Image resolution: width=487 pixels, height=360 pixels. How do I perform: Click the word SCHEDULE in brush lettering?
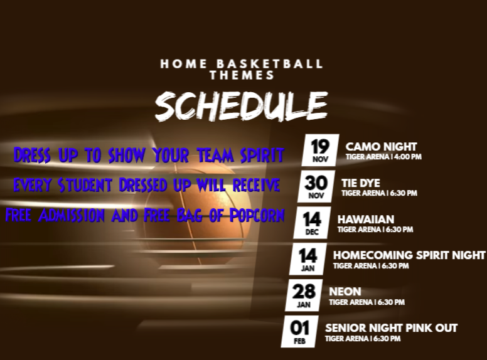pos(242,106)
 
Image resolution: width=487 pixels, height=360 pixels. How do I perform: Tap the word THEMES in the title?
pos(242,75)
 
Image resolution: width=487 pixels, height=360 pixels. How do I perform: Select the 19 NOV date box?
pos(320,150)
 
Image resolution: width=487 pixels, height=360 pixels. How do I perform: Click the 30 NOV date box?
pos(316,186)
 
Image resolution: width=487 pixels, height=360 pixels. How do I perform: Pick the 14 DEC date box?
pos(312,223)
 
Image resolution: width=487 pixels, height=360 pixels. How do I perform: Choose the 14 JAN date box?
pos(308,259)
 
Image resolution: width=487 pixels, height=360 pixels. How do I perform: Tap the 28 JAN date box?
pos(304,295)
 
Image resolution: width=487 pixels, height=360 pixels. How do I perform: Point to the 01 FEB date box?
pos(300,332)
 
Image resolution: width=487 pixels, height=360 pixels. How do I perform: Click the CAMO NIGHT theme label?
pos(381,147)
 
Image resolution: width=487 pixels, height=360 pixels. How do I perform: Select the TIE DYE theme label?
pos(361,183)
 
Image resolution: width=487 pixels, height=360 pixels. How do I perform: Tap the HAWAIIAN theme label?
pos(366,219)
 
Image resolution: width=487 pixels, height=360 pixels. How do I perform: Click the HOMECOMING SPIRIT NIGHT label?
pos(409,255)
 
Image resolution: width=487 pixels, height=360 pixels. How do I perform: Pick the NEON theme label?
pos(345,292)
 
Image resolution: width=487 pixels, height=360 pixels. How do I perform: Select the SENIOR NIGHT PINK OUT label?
pos(392,328)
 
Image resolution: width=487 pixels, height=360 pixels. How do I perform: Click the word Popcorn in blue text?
pos(257,215)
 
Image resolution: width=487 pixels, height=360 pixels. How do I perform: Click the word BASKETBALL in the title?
pos(269,64)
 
